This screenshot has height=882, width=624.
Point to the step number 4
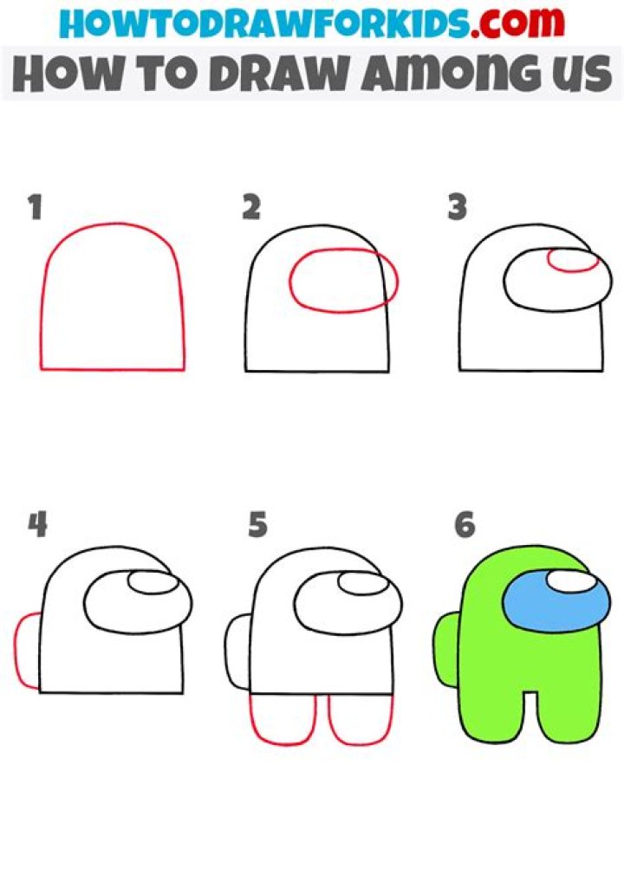[37, 525]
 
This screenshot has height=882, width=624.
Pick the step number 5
[257, 525]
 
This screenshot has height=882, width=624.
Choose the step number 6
[465, 525]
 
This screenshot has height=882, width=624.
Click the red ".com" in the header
[517, 22]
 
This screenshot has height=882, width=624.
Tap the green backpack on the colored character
[446, 650]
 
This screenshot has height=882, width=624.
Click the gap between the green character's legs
[530, 713]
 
